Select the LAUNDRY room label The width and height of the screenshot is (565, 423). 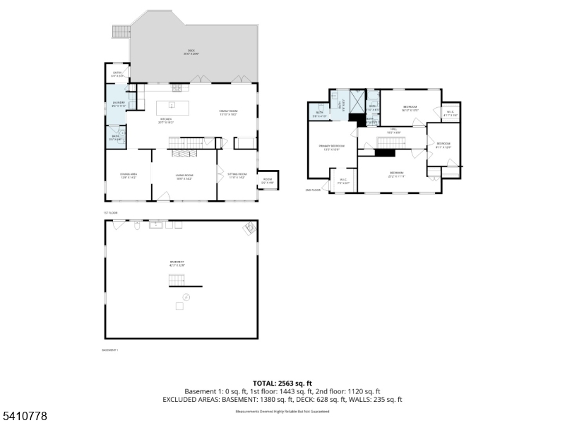[x=117, y=104]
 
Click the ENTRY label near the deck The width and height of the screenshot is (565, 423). [x=117, y=73]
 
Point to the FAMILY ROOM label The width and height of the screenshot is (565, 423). [x=228, y=112]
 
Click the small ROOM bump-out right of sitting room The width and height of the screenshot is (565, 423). [x=268, y=180]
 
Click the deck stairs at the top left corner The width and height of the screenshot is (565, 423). [x=121, y=32]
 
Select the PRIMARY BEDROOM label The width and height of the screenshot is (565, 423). [x=332, y=147]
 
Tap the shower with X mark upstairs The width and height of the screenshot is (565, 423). [x=356, y=98]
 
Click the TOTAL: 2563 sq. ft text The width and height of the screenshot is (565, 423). [x=282, y=383]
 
